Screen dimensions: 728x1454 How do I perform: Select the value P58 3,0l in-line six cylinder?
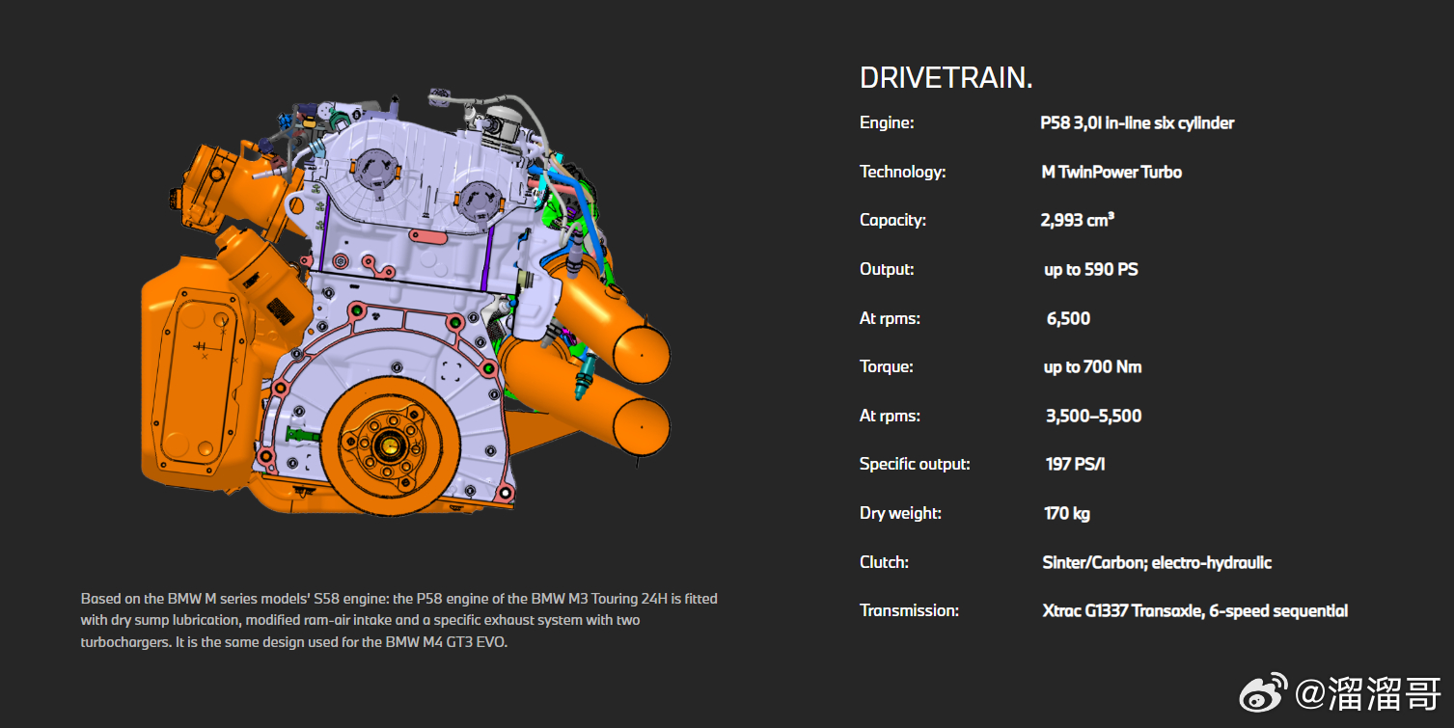1137,122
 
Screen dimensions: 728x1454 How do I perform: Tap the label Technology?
902,172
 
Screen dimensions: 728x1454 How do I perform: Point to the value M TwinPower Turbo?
1111,172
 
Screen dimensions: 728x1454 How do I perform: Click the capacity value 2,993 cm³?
1077,220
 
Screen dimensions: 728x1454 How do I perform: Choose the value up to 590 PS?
1090,269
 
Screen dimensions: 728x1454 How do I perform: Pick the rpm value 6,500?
1068,318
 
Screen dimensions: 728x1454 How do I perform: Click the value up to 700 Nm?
1092,366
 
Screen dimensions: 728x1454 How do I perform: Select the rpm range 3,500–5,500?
1093,416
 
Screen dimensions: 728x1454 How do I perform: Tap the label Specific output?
914,464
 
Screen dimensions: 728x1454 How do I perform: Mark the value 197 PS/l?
1075,464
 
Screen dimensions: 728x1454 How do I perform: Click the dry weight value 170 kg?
1066,513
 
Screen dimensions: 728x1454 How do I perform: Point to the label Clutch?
884,562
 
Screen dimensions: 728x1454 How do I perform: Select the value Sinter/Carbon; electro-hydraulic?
1157,562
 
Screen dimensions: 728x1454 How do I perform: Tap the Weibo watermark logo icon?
1263,692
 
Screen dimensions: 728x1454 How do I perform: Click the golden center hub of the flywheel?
391,445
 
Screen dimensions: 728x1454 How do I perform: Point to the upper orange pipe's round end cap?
642,352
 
